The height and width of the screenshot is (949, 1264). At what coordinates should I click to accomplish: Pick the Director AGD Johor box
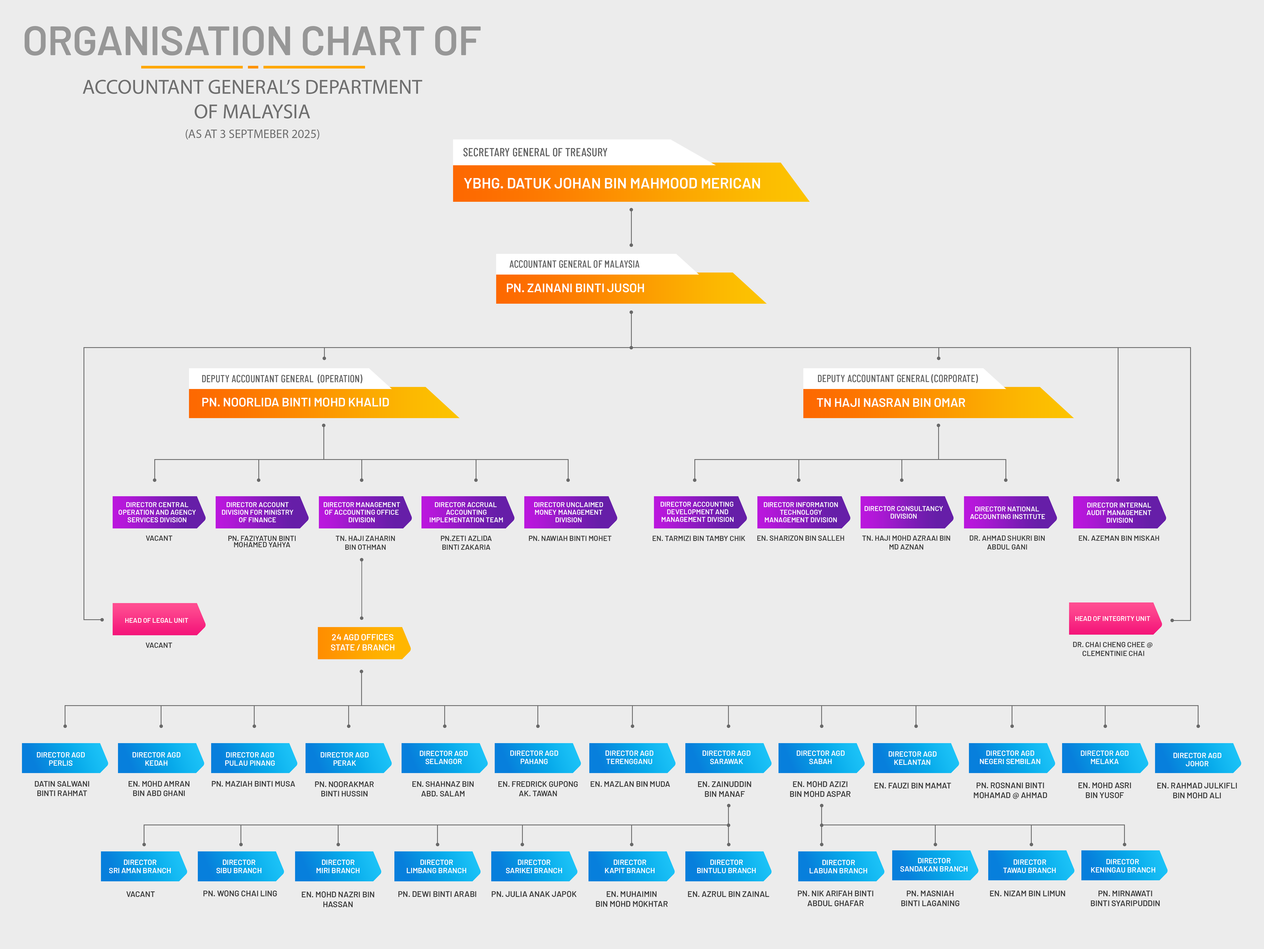pos(1198,759)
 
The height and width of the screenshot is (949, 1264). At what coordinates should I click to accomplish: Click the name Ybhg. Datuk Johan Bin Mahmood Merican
pos(612,183)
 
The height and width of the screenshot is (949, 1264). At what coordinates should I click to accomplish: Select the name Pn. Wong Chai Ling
pos(240,894)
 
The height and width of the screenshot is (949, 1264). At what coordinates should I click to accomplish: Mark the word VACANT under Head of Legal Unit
pos(159,645)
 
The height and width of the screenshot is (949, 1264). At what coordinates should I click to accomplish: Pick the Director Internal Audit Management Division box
pos(1119,512)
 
